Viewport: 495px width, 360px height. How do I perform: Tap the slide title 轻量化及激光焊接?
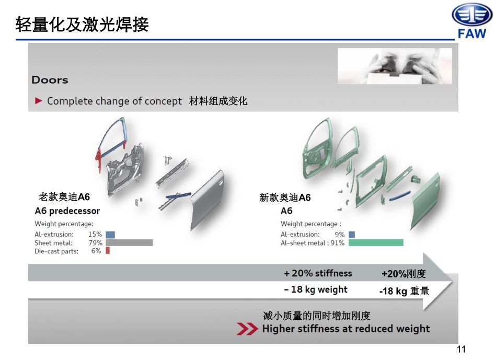pyautogui.click(x=82, y=24)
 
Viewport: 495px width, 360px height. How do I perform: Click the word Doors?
pyautogui.click(x=50, y=80)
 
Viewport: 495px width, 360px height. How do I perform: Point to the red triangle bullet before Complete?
pyautogui.click(x=39, y=101)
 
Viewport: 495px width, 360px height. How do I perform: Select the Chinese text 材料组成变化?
pyautogui.click(x=218, y=101)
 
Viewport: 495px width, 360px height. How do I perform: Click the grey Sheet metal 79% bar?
pyautogui.click(x=129, y=242)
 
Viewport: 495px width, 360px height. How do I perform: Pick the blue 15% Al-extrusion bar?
pyautogui.click(x=110, y=235)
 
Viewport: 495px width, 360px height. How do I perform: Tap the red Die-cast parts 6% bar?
pyautogui.click(x=108, y=250)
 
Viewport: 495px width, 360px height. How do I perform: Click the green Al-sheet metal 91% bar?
pyautogui.click(x=376, y=242)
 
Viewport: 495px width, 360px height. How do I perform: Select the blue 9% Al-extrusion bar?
pyautogui.click(x=352, y=235)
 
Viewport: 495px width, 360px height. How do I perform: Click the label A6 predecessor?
pyautogui.click(x=67, y=211)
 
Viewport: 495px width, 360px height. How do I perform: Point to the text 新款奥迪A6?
pyautogui.click(x=285, y=198)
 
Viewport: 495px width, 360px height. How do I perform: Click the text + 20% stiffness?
pyautogui.click(x=318, y=273)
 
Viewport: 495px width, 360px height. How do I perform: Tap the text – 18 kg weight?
pyautogui.click(x=316, y=289)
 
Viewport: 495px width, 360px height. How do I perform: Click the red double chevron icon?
pyautogui.click(x=247, y=329)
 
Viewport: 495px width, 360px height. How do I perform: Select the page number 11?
pyautogui.click(x=461, y=349)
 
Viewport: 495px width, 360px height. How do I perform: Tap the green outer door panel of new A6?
pyautogui.click(x=425, y=201)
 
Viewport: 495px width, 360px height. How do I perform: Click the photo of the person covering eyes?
pyautogui.click(x=395, y=66)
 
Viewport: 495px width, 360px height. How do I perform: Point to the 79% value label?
pyautogui.click(x=95, y=242)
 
